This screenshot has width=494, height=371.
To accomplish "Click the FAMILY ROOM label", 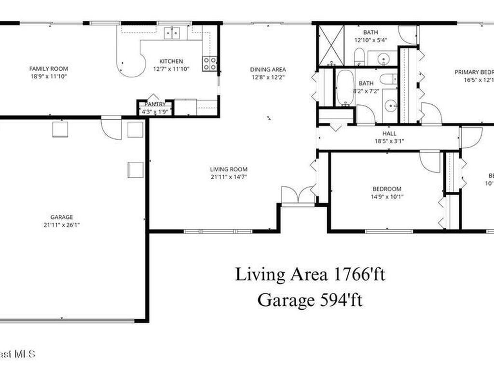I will [x=48, y=69].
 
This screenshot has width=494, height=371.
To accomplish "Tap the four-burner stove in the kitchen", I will [x=209, y=64].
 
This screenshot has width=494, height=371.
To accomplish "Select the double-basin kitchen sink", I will [x=171, y=33].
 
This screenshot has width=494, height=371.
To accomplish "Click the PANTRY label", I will [x=155, y=104].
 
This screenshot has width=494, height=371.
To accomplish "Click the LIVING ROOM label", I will [x=229, y=169].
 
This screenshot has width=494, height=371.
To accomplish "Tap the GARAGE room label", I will [x=62, y=217].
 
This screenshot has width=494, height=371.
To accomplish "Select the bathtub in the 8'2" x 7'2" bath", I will [x=344, y=87].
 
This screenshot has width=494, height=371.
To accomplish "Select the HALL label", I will [x=389, y=133].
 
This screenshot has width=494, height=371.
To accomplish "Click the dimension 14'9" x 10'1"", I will [x=386, y=197].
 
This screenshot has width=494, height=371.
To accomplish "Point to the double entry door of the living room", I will [x=298, y=195].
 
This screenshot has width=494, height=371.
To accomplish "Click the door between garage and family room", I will [x=111, y=128].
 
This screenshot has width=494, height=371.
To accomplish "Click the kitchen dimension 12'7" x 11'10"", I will [x=171, y=69].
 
